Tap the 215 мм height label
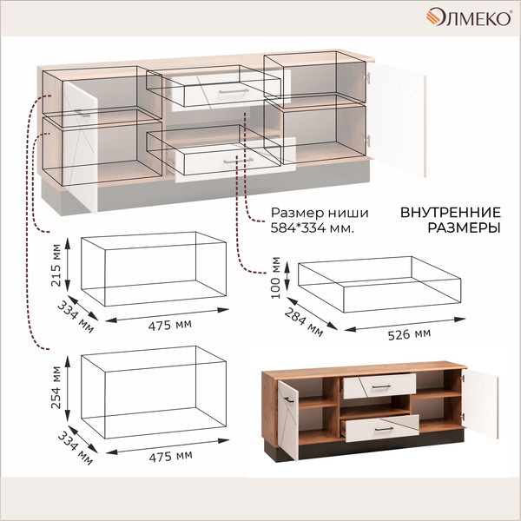[56, 265]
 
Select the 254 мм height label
[56, 387]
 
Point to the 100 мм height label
[276, 278]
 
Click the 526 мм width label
[409, 334]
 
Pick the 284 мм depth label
[303, 322]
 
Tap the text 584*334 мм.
[312, 228]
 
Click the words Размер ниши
[320, 213]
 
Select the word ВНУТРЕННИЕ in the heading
[451, 213]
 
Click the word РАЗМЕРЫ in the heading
[464, 228]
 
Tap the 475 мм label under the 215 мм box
[170, 325]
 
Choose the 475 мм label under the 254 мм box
[171, 457]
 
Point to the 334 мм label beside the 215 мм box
[76, 317]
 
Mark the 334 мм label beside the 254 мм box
[76, 448]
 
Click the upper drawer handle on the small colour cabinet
[381, 386]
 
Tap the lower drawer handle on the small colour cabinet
[384, 429]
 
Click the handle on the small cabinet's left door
[288, 399]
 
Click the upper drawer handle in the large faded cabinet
[234, 91]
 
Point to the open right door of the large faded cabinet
[397, 119]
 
